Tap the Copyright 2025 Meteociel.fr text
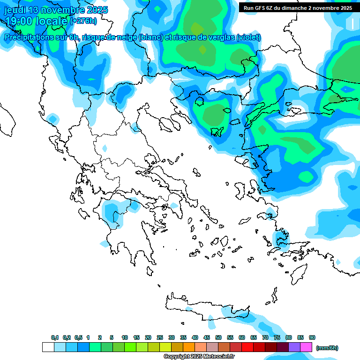[199, 356]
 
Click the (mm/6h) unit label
[327, 347]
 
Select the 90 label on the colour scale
[312, 337]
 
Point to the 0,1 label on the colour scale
[55, 337]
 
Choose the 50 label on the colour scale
[218, 337]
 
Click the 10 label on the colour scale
[125, 337]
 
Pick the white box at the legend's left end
[48, 347]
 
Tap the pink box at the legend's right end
[307, 347]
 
